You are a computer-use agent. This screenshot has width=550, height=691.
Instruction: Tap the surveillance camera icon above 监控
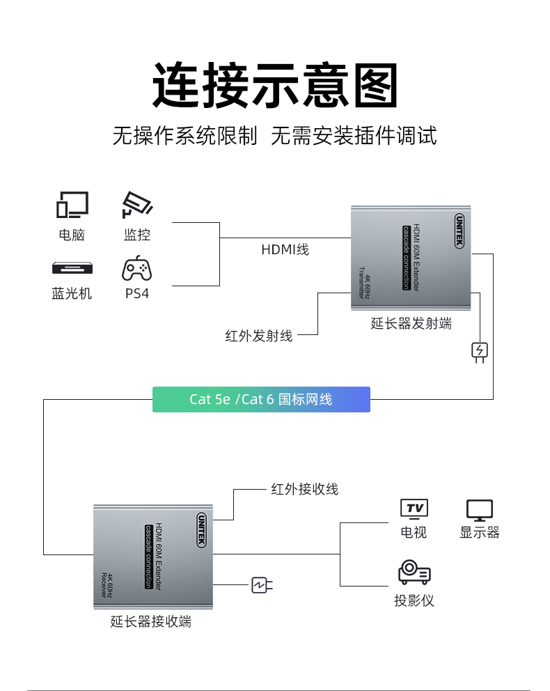[137, 205]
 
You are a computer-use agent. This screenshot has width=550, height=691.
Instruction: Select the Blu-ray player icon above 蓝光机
[72, 268]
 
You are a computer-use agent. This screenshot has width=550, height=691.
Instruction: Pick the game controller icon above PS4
[137, 267]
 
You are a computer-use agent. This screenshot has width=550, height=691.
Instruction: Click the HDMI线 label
[285, 249]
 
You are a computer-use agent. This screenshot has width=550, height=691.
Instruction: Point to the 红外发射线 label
[259, 336]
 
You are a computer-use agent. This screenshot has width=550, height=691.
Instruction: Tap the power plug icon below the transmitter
[480, 351]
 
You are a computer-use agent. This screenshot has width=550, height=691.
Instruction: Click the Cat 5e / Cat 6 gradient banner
[261, 399]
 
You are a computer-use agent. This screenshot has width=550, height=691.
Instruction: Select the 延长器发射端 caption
[411, 323]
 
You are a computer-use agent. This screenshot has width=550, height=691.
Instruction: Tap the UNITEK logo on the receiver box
[201, 531]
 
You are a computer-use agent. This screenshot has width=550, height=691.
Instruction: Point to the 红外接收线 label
[304, 489]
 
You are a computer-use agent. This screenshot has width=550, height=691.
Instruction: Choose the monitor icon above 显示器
[480, 510]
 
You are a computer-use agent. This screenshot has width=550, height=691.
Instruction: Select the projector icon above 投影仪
[414, 573]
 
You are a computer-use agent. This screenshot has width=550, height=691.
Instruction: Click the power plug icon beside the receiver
[261, 585]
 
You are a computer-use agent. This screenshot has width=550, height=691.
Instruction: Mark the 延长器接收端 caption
[151, 621]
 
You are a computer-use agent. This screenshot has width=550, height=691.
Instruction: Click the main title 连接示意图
[275, 85]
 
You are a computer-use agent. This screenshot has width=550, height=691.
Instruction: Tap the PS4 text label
[137, 293]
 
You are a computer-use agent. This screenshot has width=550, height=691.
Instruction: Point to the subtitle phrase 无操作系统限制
[184, 135]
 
